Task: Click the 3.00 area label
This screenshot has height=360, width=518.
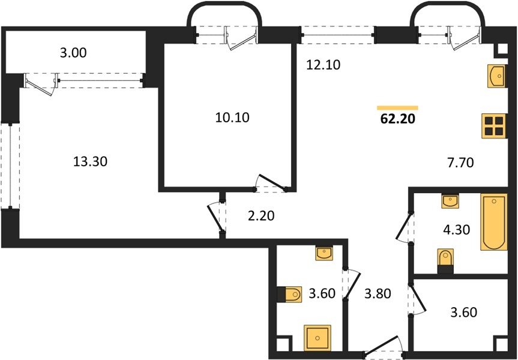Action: click(73, 53)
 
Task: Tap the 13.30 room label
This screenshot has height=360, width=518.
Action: click(90, 162)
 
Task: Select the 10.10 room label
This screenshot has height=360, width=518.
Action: click(232, 117)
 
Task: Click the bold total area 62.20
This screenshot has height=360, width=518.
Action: click(397, 119)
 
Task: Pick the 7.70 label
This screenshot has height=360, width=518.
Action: click(460, 163)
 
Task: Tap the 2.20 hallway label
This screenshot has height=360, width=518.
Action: click(261, 216)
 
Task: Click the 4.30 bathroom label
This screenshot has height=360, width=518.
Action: click(456, 229)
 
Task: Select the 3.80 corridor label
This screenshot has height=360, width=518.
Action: click(378, 293)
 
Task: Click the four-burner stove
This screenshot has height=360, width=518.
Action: click(494, 126)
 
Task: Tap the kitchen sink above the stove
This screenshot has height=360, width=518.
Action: click(496, 76)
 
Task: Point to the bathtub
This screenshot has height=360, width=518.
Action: click(494, 222)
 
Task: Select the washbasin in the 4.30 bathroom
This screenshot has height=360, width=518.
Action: click(450, 201)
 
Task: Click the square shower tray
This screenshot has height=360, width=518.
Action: click(318, 338)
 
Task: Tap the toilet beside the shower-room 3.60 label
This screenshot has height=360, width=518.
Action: click(289, 294)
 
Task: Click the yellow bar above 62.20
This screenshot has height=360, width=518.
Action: click(397, 107)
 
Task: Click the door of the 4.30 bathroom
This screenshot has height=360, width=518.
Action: click(405, 227)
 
